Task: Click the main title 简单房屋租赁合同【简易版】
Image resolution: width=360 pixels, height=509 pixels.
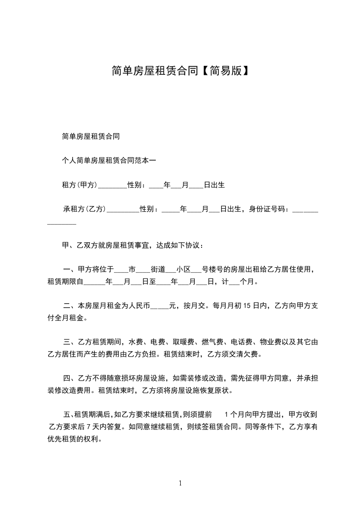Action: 180,71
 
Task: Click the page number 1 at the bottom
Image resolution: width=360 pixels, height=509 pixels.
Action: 180,483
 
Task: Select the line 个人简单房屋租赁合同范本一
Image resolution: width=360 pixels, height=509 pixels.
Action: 108,160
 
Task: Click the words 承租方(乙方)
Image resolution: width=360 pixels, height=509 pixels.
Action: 84,210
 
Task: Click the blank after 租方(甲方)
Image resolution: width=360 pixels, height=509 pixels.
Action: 113,186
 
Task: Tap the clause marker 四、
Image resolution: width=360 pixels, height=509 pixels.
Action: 67,377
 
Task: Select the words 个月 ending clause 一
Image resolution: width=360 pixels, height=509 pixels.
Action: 247,282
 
